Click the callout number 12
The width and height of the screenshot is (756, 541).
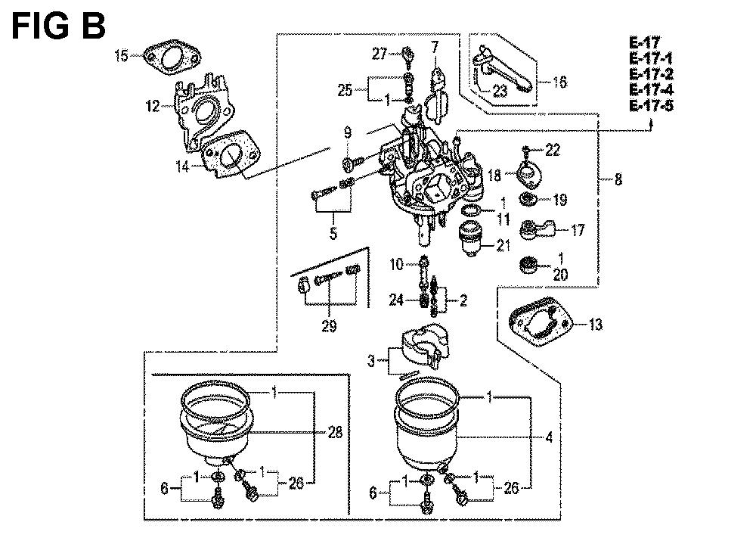click(x=154, y=107)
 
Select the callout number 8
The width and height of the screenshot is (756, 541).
click(x=618, y=180)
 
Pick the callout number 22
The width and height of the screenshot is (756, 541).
click(x=553, y=150)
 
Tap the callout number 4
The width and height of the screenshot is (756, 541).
click(x=548, y=436)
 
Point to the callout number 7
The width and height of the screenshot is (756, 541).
click(x=435, y=48)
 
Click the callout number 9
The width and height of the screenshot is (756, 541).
click(x=348, y=133)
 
